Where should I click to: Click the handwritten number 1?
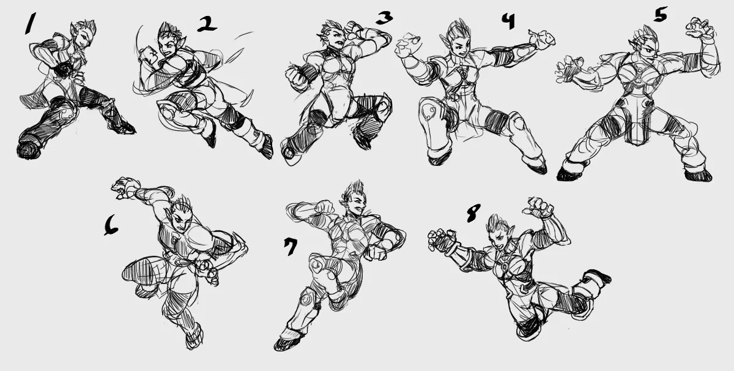31,23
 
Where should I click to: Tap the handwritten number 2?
207,24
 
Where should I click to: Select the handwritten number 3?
384,18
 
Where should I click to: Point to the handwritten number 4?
508,21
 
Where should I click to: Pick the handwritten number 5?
660,15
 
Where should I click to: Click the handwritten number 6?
111,225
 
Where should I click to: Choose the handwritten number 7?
291,246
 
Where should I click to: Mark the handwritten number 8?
473,213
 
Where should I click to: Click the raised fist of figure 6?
123,187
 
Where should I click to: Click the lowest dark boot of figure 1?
29,149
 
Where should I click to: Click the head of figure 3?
333,36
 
